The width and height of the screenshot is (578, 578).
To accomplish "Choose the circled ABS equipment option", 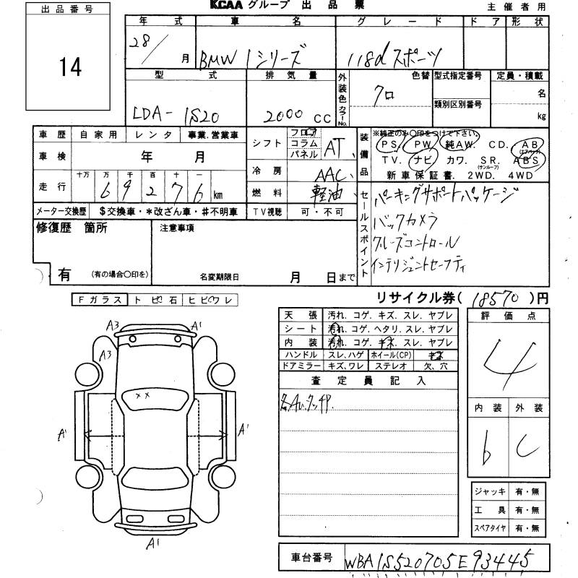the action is click(530, 158).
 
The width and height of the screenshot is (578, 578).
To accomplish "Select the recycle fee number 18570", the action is click(498, 297).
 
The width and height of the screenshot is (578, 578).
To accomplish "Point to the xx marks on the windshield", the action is click(142, 395).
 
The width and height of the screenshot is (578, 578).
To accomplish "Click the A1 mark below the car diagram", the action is click(153, 543).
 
